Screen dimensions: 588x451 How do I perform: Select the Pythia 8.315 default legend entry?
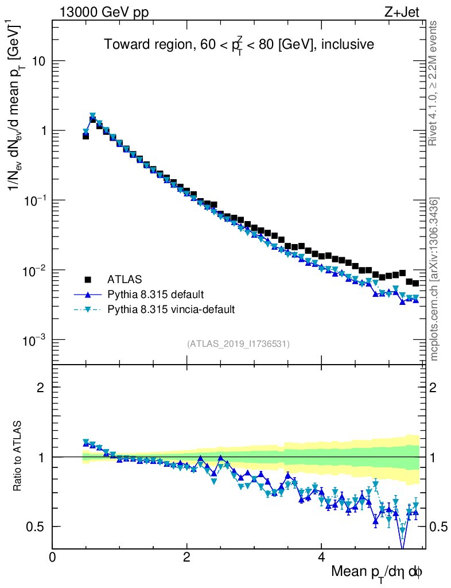pyautogui.click(x=155, y=295)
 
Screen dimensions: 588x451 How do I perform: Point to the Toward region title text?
pyautogui.click(x=239, y=45)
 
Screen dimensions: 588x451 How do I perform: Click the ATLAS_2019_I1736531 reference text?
pyautogui.click(x=238, y=344)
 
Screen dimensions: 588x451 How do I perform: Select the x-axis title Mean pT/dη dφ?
pyautogui.click(x=377, y=571)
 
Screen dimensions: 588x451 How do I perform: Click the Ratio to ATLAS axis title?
pyautogui.click(x=18, y=457)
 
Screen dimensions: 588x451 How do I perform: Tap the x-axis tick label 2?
pyautogui.click(x=187, y=556)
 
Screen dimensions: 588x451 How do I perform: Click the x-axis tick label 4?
pyautogui.click(x=321, y=556)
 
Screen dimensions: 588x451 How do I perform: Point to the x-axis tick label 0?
pyautogui.click(x=53, y=556)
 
